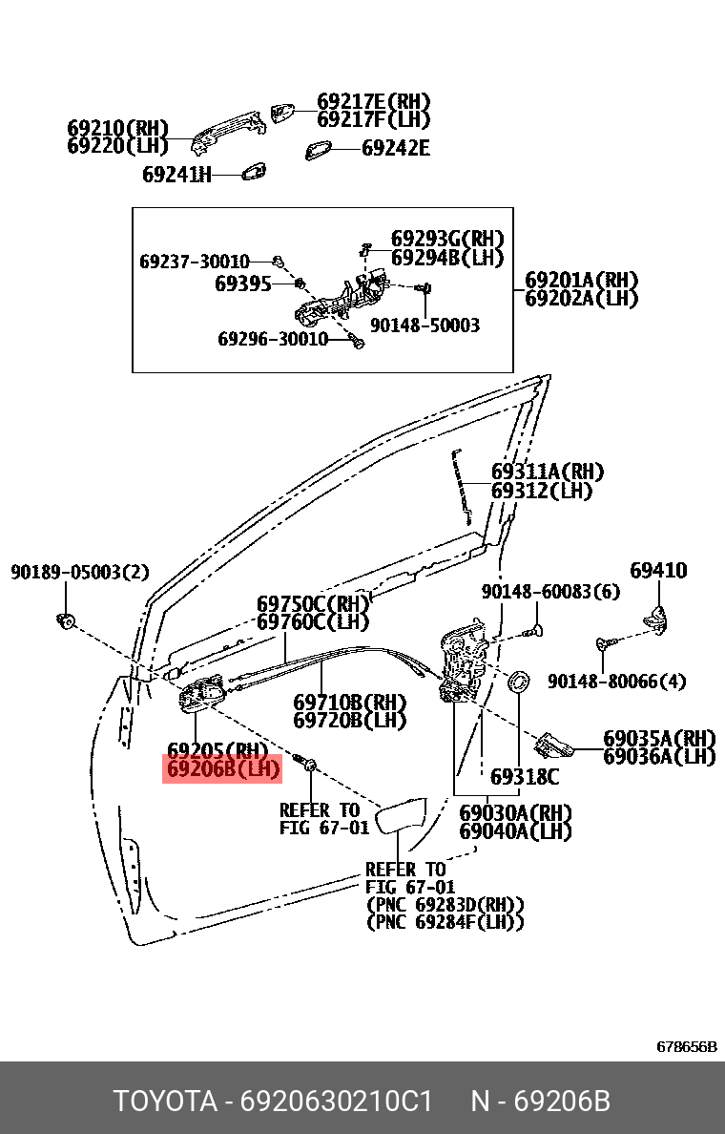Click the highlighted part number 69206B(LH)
pyautogui.click(x=222, y=768)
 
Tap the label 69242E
pyautogui.click(x=395, y=148)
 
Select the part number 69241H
pyautogui.click(x=176, y=175)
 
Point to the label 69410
pyautogui.click(x=658, y=570)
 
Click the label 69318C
pyautogui.click(x=524, y=777)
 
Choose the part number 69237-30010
pyautogui.click(x=195, y=262)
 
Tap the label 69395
pyautogui.click(x=243, y=284)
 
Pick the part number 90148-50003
pyautogui.click(x=425, y=325)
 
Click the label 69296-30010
pyautogui.click(x=273, y=339)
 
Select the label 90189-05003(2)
pyautogui.click(x=79, y=573)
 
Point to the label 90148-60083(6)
pyautogui.click(x=550, y=593)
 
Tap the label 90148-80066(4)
pyautogui.click(x=616, y=682)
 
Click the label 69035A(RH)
pyautogui.click(x=659, y=739)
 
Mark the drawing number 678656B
pyautogui.click(x=687, y=1046)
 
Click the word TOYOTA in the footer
pyautogui.click(x=166, y=1102)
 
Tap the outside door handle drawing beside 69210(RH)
pyautogui.click(x=228, y=133)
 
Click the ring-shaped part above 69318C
pyautogui.click(x=519, y=682)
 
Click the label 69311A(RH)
pyautogui.click(x=548, y=472)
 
